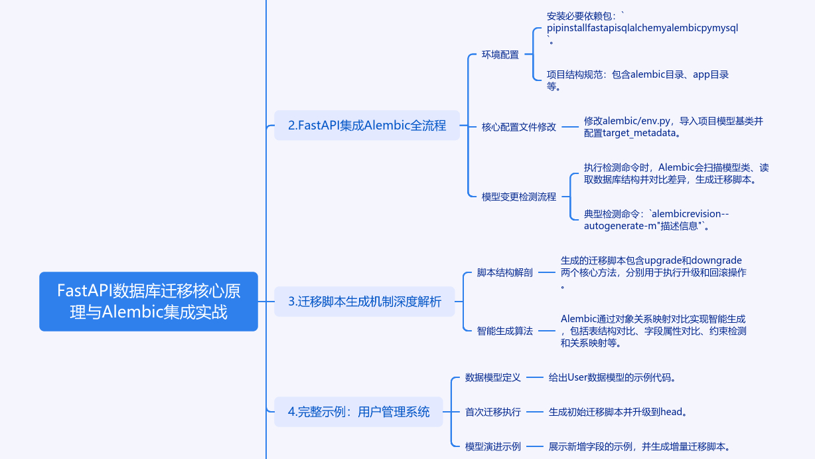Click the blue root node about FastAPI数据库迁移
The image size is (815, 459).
[148, 301]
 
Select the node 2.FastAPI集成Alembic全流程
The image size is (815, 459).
[367, 125]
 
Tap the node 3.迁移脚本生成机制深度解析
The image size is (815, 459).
[364, 301]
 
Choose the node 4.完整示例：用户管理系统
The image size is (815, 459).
[358, 412]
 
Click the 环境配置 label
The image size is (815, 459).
[500, 55]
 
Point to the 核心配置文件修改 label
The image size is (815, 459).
[519, 127]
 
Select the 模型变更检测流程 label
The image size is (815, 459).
[519, 197]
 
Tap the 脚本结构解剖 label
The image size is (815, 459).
[505, 272]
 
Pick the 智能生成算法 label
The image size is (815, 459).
[505, 330]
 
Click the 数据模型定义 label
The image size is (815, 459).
[493, 377]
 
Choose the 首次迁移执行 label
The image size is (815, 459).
[493, 412]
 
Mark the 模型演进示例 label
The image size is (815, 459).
[493, 446]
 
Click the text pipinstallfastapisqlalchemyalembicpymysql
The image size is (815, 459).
[642, 29]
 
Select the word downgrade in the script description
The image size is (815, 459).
[716, 260]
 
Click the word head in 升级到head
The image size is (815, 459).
[671, 412]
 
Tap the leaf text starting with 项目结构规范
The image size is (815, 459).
[637, 80]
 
